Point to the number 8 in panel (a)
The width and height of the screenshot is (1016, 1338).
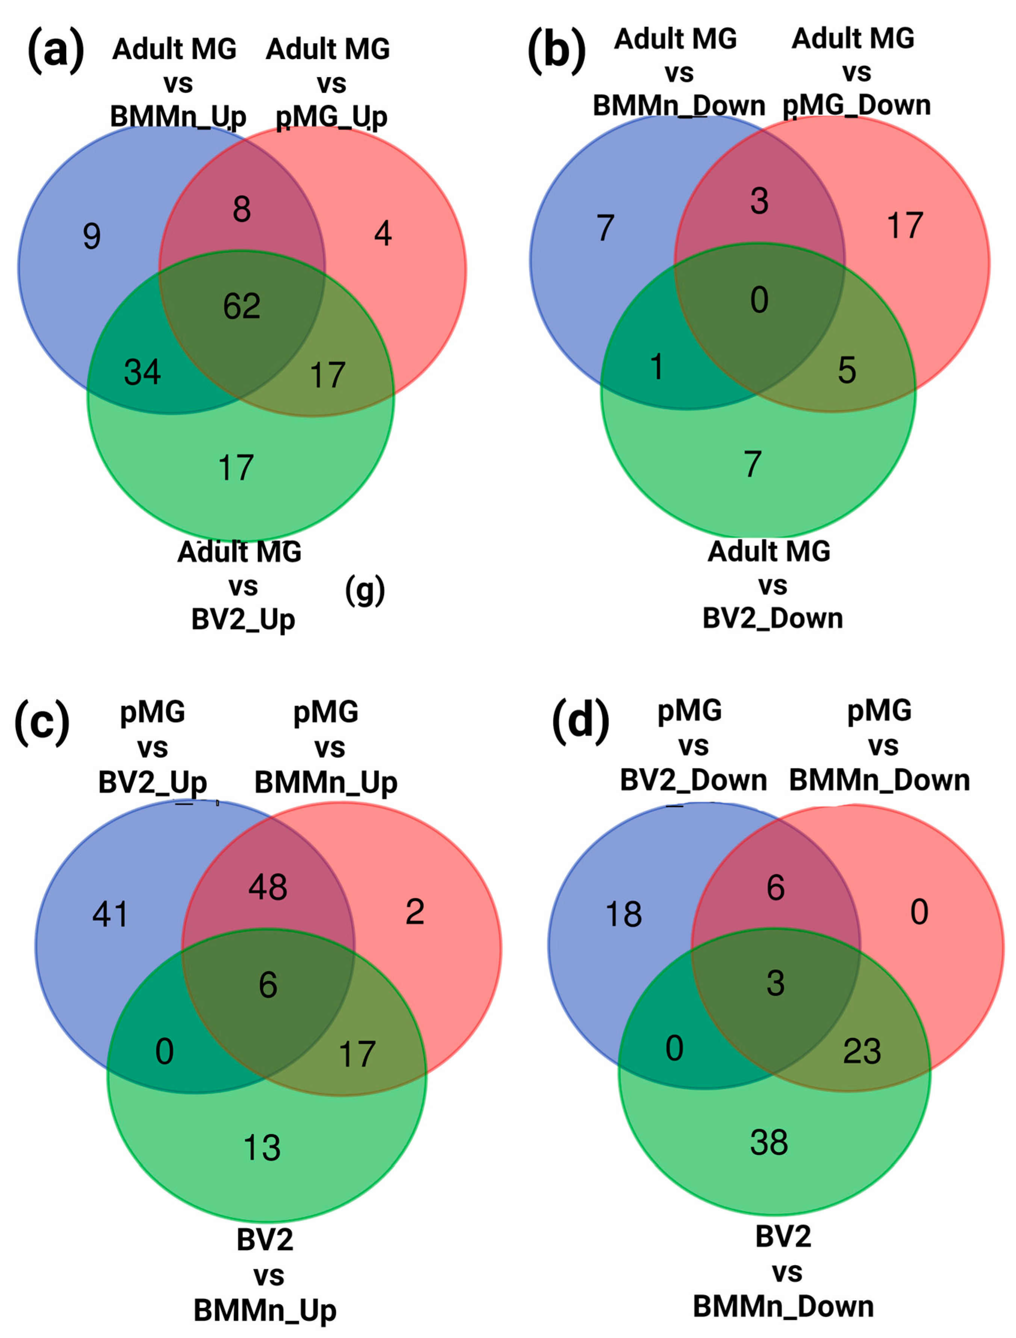[x=242, y=209]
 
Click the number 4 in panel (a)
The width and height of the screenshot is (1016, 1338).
[x=383, y=234]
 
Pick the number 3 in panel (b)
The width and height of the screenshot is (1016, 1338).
[x=759, y=201]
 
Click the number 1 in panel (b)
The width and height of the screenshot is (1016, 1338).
[x=656, y=367]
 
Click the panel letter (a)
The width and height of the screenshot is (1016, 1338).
[x=56, y=51]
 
